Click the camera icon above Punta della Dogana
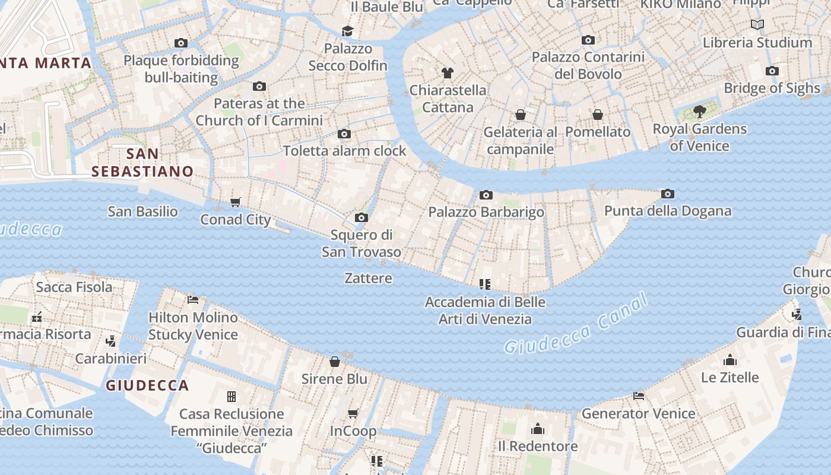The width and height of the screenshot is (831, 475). [x=668, y=194]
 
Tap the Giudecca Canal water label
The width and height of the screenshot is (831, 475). [x=576, y=325]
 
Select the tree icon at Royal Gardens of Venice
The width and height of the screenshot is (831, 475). [x=700, y=111]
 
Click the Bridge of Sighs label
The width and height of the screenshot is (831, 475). [x=772, y=88]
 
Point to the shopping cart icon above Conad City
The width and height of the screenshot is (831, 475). [x=236, y=202]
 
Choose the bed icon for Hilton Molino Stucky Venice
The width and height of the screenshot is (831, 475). [x=193, y=299]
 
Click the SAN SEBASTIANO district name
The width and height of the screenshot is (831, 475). [x=142, y=163]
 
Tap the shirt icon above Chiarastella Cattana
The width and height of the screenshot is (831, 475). [x=448, y=73]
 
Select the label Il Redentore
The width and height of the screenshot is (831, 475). [x=537, y=446]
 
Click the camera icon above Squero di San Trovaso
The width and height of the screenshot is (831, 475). [x=361, y=218]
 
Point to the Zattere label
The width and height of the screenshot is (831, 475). [x=368, y=278]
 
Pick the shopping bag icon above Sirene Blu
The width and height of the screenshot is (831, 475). [x=335, y=362]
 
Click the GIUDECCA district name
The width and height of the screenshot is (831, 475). [x=147, y=385]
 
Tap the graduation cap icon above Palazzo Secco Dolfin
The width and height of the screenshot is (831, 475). [x=347, y=31]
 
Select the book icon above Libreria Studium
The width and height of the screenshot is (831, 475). [x=757, y=24]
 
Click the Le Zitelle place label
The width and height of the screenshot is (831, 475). [x=729, y=377]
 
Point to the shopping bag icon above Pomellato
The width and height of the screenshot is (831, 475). [x=598, y=115]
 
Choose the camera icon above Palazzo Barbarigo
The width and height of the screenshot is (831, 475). [x=486, y=195]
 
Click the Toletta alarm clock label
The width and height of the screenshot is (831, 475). [x=344, y=151]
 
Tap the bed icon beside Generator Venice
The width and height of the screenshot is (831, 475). [x=639, y=395]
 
